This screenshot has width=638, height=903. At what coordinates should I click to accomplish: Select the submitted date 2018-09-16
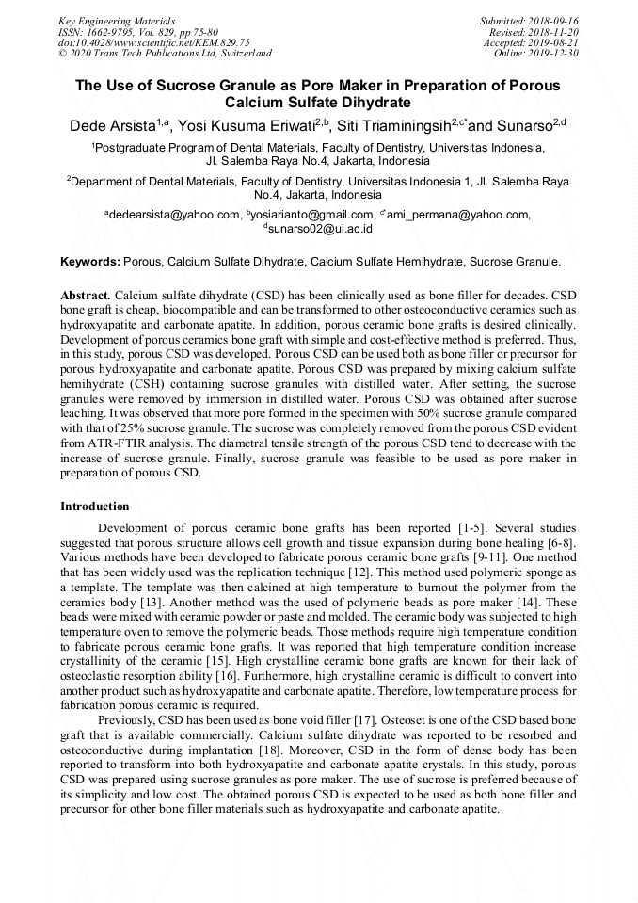tap(553, 21)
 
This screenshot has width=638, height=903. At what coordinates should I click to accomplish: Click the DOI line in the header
tap(153, 42)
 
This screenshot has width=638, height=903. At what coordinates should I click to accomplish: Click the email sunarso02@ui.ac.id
tap(321, 228)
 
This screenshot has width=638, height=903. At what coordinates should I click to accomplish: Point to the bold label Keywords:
tap(90, 261)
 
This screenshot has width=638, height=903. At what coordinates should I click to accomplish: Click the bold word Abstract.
tap(86, 295)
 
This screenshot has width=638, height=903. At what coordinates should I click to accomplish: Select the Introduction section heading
tap(94, 507)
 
